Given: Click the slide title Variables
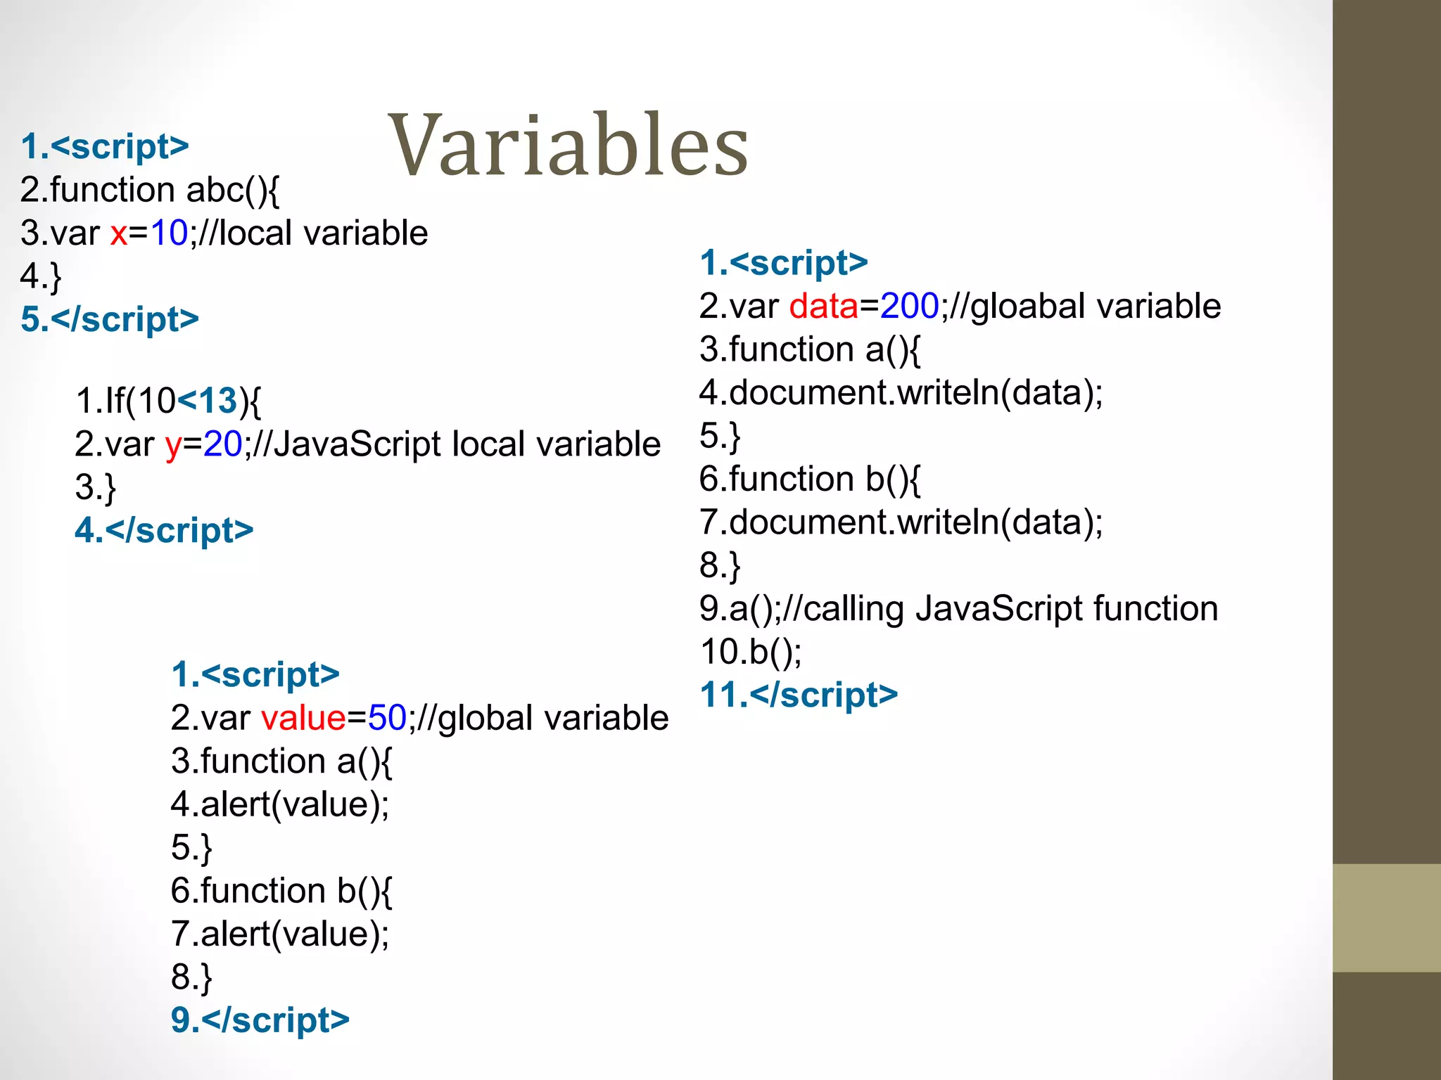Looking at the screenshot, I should tap(568, 146).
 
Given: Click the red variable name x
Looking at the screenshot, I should tap(119, 233).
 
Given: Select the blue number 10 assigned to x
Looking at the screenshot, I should tap(169, 233).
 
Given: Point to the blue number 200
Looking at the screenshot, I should tap(910, 307).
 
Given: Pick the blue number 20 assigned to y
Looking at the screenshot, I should tap(222, 444).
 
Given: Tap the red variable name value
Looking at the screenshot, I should tap(303, 719).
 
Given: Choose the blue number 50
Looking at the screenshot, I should tap(387, 719).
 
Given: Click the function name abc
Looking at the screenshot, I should tap(215, 190).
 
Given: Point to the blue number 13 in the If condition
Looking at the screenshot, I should tap(217, 401).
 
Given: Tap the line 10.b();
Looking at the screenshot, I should tap(750, 652).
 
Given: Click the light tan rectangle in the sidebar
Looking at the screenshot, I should tap(1386, 918).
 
